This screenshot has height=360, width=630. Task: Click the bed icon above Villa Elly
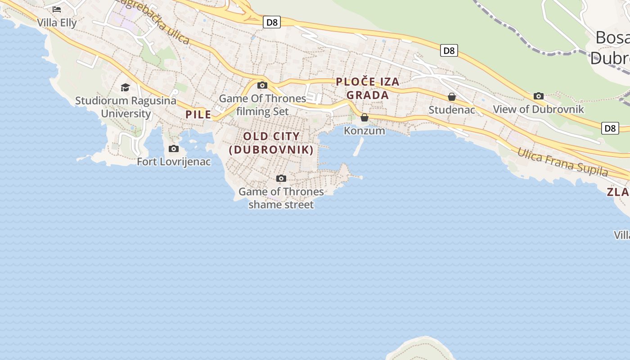(57, 9)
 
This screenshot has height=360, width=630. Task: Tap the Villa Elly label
(57, 22)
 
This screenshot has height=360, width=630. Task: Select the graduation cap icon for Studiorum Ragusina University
(125, 87)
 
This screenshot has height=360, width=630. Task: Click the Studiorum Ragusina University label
(126, 107)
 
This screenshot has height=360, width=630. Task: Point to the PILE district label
(198, 114)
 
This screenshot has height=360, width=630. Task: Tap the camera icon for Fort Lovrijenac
(174, 148)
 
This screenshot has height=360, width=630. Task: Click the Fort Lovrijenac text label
(174, 162)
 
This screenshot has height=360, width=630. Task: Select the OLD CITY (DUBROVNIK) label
(271, 143)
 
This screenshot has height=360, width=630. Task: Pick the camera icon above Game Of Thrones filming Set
(262, 85)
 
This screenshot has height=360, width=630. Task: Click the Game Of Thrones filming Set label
(262, 105)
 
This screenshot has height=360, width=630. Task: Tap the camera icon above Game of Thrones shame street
(281, 178)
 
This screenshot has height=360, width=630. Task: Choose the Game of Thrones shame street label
(281, 198)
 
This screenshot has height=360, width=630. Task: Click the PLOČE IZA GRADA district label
(368, 88)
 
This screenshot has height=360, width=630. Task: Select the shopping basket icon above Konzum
(364, 117)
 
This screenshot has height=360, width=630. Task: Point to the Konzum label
(364, 131)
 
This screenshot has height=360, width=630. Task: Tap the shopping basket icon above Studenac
(452, 97)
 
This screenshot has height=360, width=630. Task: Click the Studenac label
(452, 110)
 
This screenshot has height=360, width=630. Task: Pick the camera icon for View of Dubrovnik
(539, 96)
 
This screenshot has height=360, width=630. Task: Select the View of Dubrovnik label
(539, 109)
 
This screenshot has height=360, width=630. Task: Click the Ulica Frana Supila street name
(562, 162)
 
